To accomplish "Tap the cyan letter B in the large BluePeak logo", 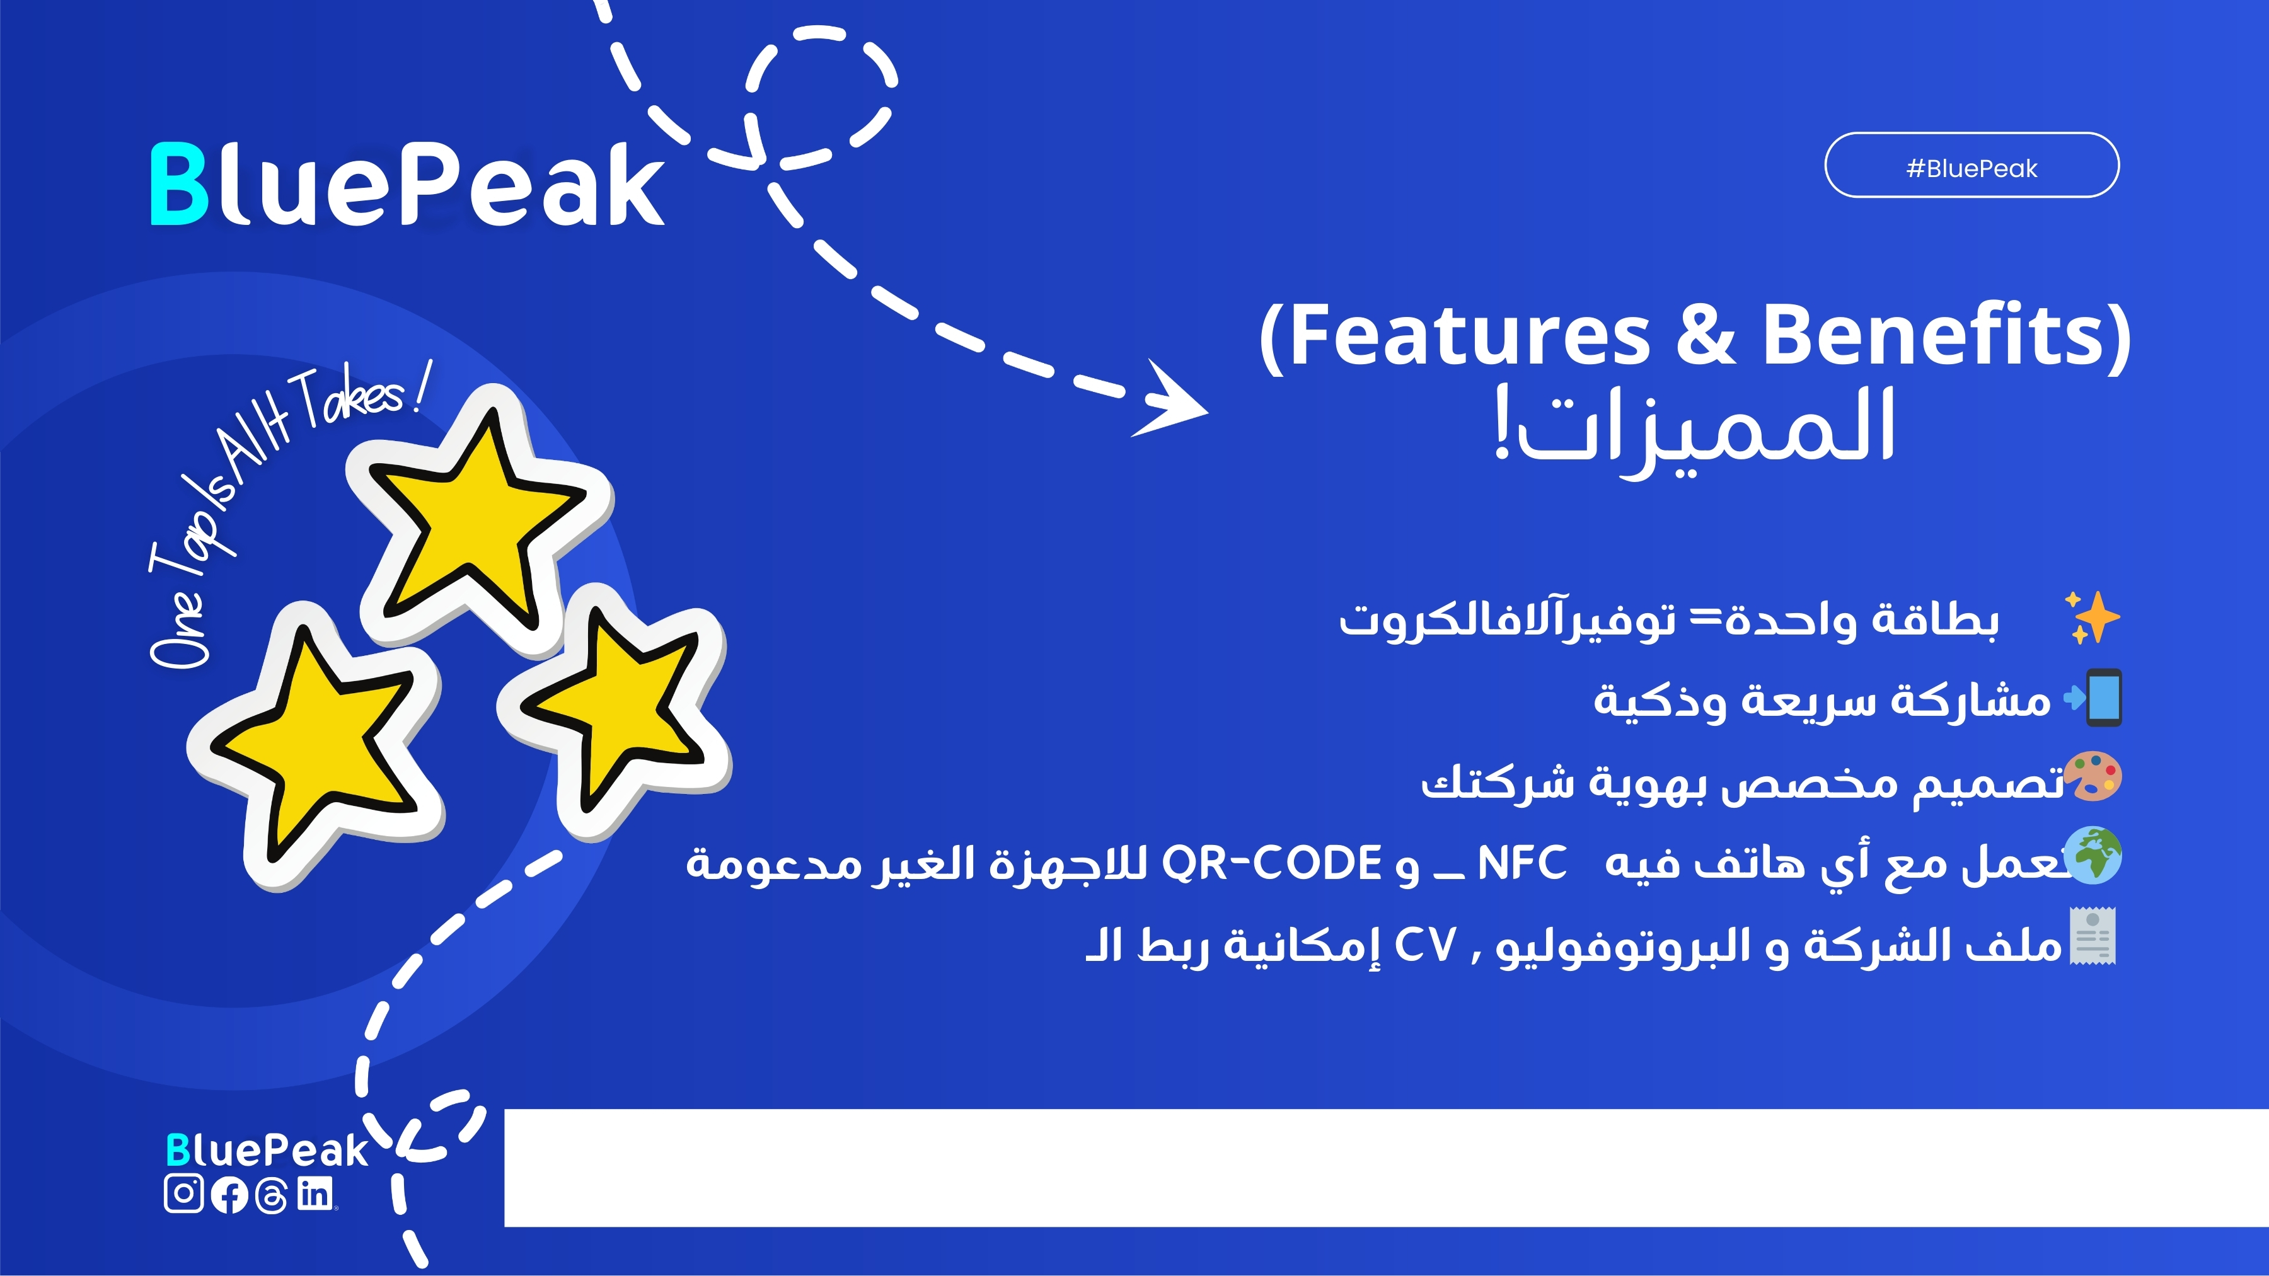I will coord(179,184).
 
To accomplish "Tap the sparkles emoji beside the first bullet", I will coord(2093,618).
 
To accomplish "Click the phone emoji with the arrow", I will coord(2094,698).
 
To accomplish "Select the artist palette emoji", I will coord(2094,777).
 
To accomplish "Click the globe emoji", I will coord(2094,855).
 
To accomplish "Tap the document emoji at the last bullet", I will coord(2093,937).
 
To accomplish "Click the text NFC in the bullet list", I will coord(1521,863).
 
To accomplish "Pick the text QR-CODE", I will coord(1271,863).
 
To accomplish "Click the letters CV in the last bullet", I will coord(1425,946).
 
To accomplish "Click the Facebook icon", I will coord(229,1195).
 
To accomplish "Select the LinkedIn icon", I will coord(315,1193).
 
